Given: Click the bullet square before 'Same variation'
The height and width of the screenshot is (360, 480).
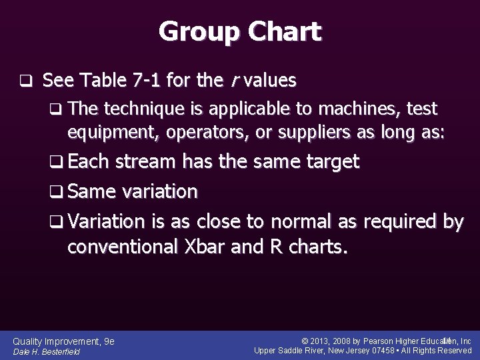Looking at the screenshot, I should point(58,192).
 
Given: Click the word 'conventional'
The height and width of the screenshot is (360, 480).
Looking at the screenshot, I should point(122,247).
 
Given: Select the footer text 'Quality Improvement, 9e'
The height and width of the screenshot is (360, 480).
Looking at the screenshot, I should point(64,341).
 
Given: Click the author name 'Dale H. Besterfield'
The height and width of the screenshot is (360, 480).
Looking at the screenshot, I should point(47,352).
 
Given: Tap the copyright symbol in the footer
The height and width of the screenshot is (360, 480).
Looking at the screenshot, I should point(305,341).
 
